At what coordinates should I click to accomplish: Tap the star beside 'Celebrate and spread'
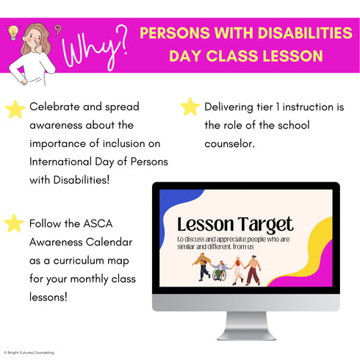click(x=14, y=109)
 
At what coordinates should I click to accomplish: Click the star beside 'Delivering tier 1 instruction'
click(x=190, y=107)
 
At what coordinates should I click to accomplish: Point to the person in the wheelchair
click(x=219, y=270)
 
